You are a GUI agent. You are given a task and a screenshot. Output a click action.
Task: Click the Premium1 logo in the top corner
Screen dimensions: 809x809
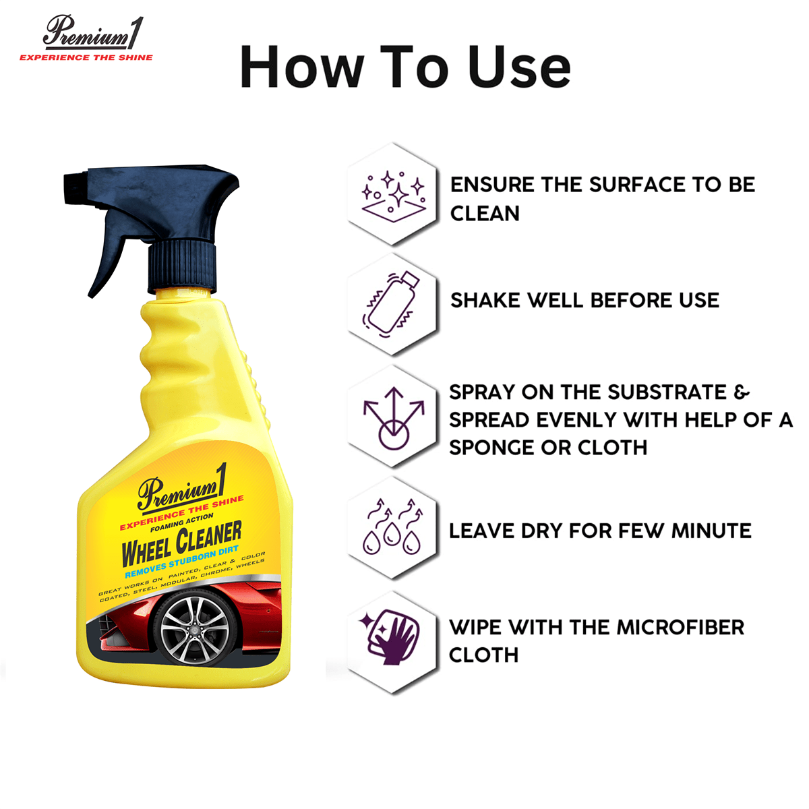[86, 33]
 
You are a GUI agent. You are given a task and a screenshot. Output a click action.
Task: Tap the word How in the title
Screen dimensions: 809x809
[301, 68]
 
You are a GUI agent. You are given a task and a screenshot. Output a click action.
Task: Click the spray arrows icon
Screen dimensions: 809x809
[394, 417]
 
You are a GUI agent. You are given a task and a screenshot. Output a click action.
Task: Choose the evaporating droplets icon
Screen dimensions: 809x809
[394, 528]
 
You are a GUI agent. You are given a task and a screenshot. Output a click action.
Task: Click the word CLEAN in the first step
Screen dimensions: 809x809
[485, 214]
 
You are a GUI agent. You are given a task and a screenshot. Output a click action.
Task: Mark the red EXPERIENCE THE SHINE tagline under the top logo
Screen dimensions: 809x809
[86, 58]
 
